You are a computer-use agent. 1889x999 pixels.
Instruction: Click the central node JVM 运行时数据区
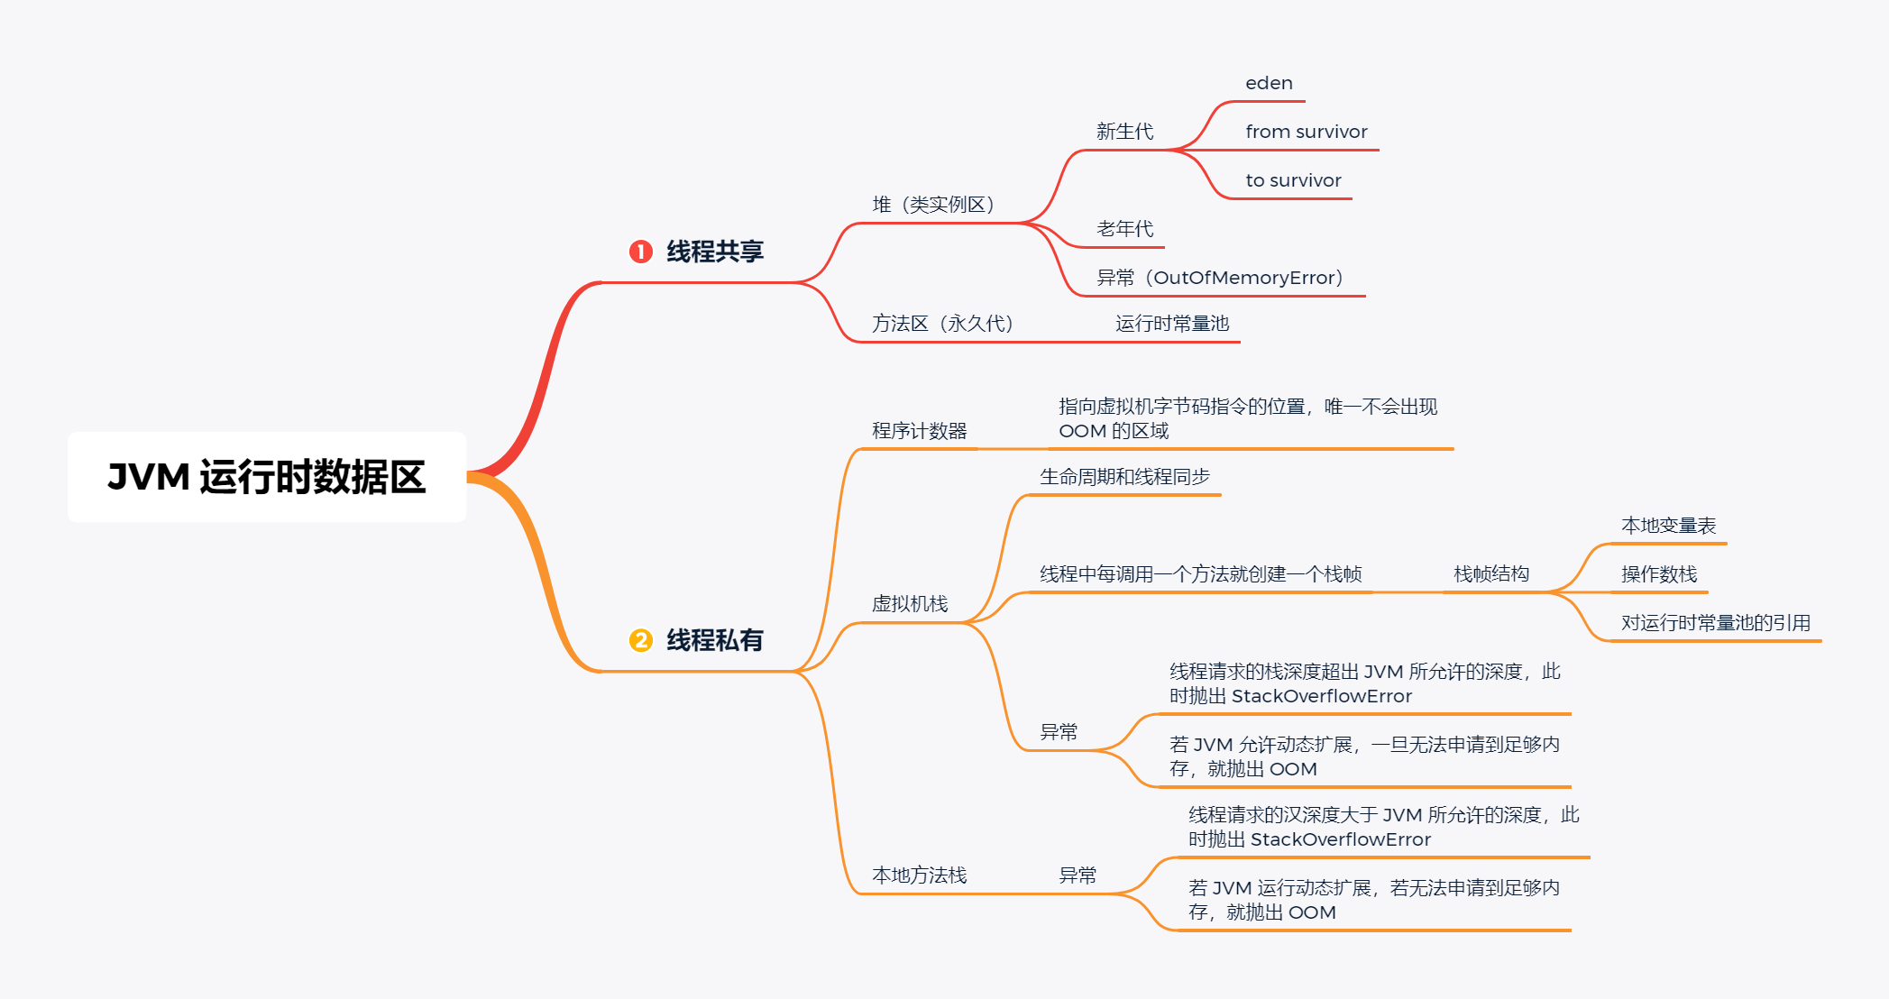[x=267, y=477]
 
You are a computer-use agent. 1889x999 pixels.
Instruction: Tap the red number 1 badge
[x=640, y=252]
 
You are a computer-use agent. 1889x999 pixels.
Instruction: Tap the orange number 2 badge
[x=640, y=640]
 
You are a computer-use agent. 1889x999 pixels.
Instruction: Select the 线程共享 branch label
[x=715, y=252]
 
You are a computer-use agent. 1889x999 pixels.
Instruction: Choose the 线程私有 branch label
[x=715, y=640]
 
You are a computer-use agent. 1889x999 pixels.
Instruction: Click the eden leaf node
[x=1269, y=83]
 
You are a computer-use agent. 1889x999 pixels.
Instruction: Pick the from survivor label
[x=1306, y=132]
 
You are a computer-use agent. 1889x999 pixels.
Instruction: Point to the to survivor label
[x=1293, y=180]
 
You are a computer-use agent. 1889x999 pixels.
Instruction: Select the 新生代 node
[x=1124, y=132]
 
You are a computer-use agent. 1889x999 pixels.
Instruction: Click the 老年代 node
[x=1124, y=229]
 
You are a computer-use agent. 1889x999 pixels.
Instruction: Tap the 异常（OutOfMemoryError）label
[x=1219, y=278]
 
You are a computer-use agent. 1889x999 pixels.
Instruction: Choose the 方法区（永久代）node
[x=942, y=324]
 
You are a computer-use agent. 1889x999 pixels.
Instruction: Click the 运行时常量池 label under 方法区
[x=1172, y=324]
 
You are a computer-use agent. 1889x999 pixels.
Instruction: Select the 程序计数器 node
[x=919, y=431]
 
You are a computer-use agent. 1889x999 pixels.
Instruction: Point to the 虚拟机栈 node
[x=909, y=604]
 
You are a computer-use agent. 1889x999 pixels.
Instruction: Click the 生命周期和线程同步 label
[x=1124, y=477]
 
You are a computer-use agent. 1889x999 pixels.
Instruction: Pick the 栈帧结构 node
[x=1491, y=574]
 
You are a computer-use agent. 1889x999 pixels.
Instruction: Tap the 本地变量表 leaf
[x=1668, y=526]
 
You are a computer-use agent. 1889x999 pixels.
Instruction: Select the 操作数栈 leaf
[x=1659, y=574]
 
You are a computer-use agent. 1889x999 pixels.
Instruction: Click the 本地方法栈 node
[x=919, y=875]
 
